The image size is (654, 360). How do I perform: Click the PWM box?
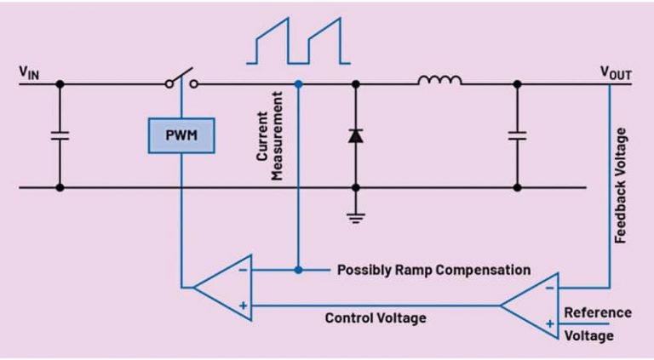point(181,134)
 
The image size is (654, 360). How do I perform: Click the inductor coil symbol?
point(439,81)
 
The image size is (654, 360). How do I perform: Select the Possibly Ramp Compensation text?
point(433,270)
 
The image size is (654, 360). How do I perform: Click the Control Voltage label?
point(376,317)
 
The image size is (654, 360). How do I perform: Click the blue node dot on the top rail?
point(297,84)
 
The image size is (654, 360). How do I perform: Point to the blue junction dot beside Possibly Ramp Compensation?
point(297,270)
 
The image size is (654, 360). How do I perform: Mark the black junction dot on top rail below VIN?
point(60,84)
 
